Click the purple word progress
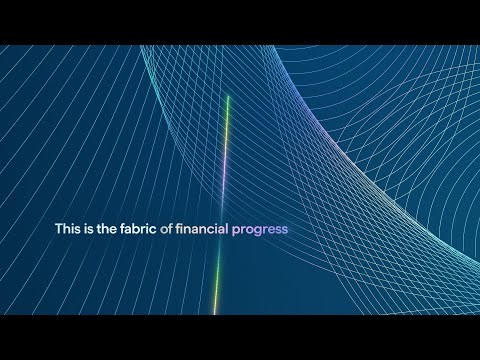point(259,230)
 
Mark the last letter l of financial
point(226,229)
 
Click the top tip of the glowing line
point(228,96)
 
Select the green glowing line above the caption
point(225,150)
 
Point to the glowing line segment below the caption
point(217,280)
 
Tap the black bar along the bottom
point(240,337)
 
